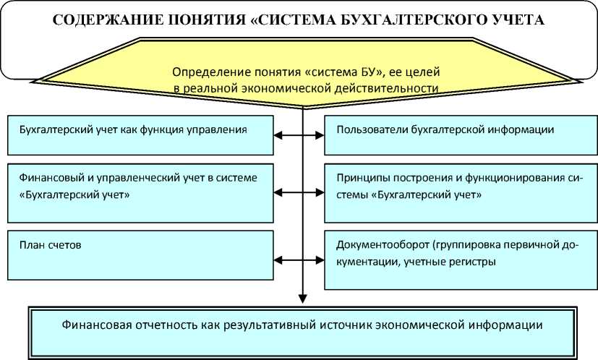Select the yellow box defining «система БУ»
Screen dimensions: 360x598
coord(306,80)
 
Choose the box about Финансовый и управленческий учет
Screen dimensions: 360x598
coord(141,193)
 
